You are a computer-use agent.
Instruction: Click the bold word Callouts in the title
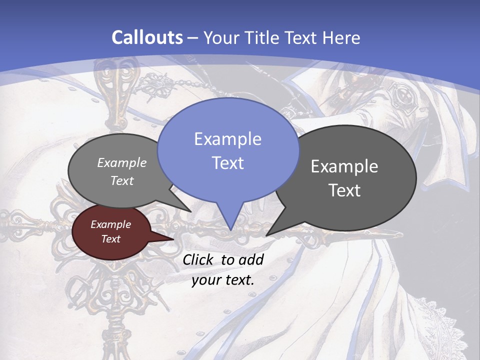[147, 37]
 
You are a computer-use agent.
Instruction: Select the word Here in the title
[341, 37]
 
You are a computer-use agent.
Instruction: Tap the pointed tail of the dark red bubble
[172, 239]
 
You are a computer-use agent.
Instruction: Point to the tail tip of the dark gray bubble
[267, 234]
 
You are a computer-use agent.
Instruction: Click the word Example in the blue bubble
[227, 139]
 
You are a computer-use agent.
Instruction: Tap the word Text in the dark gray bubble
[344, 190]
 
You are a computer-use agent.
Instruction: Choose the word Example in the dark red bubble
[111, 225]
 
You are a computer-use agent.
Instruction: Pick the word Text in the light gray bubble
[122, 181]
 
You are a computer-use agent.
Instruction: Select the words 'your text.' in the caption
[222, 280]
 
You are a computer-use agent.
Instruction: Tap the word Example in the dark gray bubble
[344, 166]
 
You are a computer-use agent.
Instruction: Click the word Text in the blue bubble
[228, 163]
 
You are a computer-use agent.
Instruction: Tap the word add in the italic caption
[251, 259]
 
